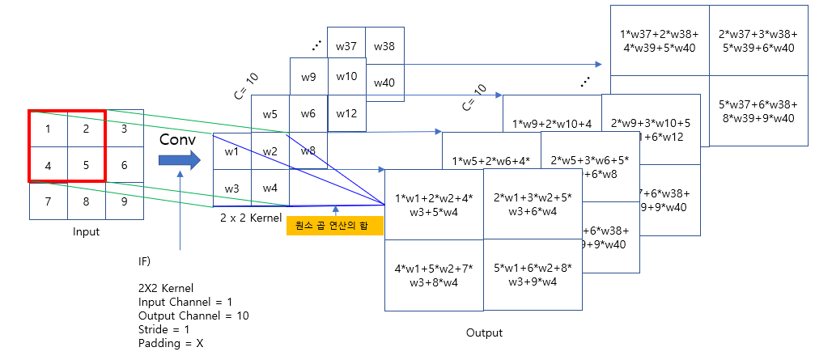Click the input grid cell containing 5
86,164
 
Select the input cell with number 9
124,201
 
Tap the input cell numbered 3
124,128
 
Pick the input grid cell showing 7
48,201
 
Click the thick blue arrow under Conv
179,160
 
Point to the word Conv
178,138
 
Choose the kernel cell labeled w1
231,151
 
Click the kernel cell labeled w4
270,188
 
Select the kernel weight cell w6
308,114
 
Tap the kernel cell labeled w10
346,76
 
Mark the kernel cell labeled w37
346,46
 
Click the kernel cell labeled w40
384,83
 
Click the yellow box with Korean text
333,226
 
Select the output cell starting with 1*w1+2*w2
433,205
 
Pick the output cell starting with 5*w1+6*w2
532,275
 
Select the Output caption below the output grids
484,332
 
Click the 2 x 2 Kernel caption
250,218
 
